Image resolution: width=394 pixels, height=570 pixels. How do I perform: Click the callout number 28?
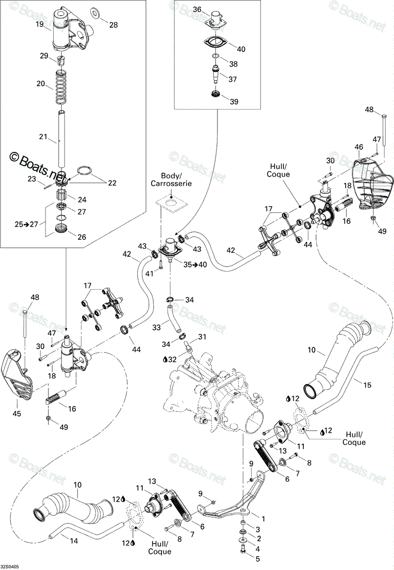click(x=113, y=25)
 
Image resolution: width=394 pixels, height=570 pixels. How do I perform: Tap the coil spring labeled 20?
click(x=62, y=87)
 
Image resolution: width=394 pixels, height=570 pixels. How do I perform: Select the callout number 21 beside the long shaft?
click(x=43, y=137)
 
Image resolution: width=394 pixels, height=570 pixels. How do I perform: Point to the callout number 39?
click(x=234, y=101)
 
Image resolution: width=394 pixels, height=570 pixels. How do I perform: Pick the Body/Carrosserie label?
click(x=171, y=180)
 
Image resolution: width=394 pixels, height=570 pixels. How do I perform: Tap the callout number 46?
click(x=359, y=147)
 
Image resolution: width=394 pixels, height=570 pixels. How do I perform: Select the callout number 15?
click(x=367, y=385)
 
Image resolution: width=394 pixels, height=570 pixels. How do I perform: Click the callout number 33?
click(x=157, y=327)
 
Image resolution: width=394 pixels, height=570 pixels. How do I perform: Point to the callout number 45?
click(x=17, y=414)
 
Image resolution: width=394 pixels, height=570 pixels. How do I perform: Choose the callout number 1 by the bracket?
click(x=263, y=519)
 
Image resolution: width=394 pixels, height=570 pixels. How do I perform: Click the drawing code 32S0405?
click(x=9, y=567)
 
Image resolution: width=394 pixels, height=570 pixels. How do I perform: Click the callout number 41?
click(x=150, y=274)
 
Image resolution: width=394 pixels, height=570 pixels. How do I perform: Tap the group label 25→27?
click(x=26, y=224)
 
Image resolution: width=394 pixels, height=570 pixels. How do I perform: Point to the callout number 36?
click(x=197, y=9)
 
